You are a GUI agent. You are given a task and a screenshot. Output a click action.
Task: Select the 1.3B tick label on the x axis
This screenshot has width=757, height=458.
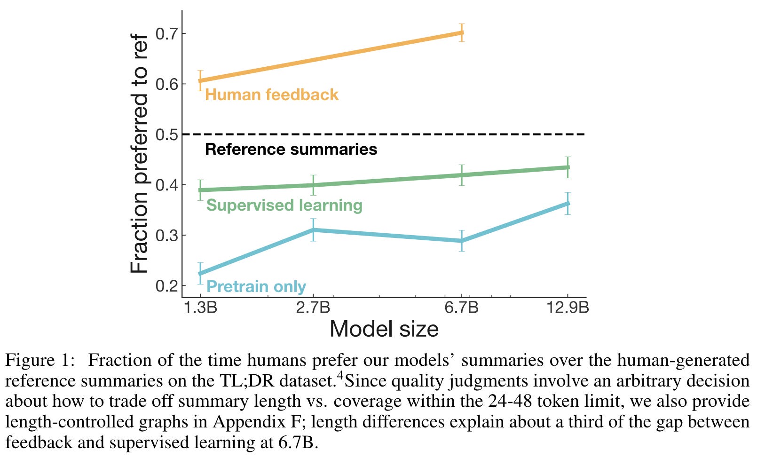point(200,308)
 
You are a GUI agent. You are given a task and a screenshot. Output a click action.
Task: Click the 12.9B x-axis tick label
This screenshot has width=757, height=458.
point(568,308)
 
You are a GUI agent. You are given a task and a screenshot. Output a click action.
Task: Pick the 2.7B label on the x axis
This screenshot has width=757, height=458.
point(313,308)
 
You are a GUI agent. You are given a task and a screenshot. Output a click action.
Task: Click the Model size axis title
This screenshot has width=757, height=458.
point(384,329)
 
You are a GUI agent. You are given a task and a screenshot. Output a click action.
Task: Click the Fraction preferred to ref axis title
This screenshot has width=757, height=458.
point(139,154)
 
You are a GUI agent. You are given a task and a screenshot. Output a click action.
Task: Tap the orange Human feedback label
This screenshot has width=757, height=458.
point(272,95)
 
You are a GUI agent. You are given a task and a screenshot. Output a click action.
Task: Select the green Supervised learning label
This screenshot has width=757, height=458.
point(284,205)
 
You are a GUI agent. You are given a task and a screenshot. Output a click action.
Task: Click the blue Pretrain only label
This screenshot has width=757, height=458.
point(256,286)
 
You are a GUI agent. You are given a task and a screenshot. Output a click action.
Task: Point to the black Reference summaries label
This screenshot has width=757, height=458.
point(291,150)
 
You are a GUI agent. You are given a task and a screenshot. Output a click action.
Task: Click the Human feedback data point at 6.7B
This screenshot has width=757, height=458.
point(462,33)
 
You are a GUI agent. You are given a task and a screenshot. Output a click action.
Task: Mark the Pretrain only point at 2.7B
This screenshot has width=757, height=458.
point(313,230)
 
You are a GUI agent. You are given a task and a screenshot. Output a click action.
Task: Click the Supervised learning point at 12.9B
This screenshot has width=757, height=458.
point(568,167)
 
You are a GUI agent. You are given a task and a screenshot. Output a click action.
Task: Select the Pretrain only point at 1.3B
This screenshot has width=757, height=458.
point(200,273)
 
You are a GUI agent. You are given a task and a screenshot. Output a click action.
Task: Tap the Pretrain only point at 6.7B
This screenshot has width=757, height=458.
point(462,241)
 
